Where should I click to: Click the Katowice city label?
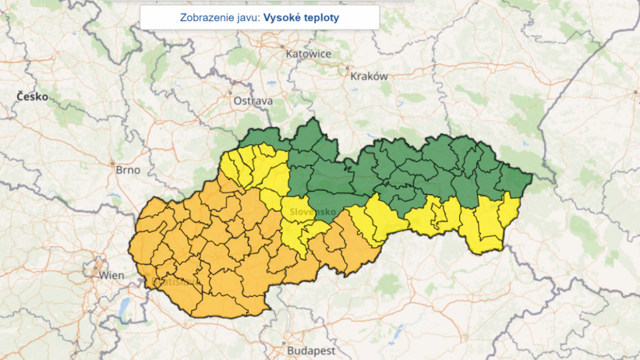pos(308,54)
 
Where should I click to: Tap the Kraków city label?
pos(369,76)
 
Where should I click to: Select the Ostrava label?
pos(253,101)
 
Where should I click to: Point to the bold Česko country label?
pos(32,97)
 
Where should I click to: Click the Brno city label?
pos(128,170)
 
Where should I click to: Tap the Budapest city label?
pos(311,351)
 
